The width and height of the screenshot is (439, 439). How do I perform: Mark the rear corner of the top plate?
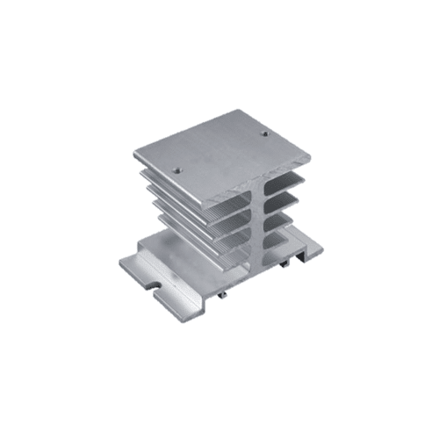(x=238, y=111)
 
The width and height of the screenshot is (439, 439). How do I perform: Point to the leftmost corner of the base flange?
(x=120, y=261)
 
